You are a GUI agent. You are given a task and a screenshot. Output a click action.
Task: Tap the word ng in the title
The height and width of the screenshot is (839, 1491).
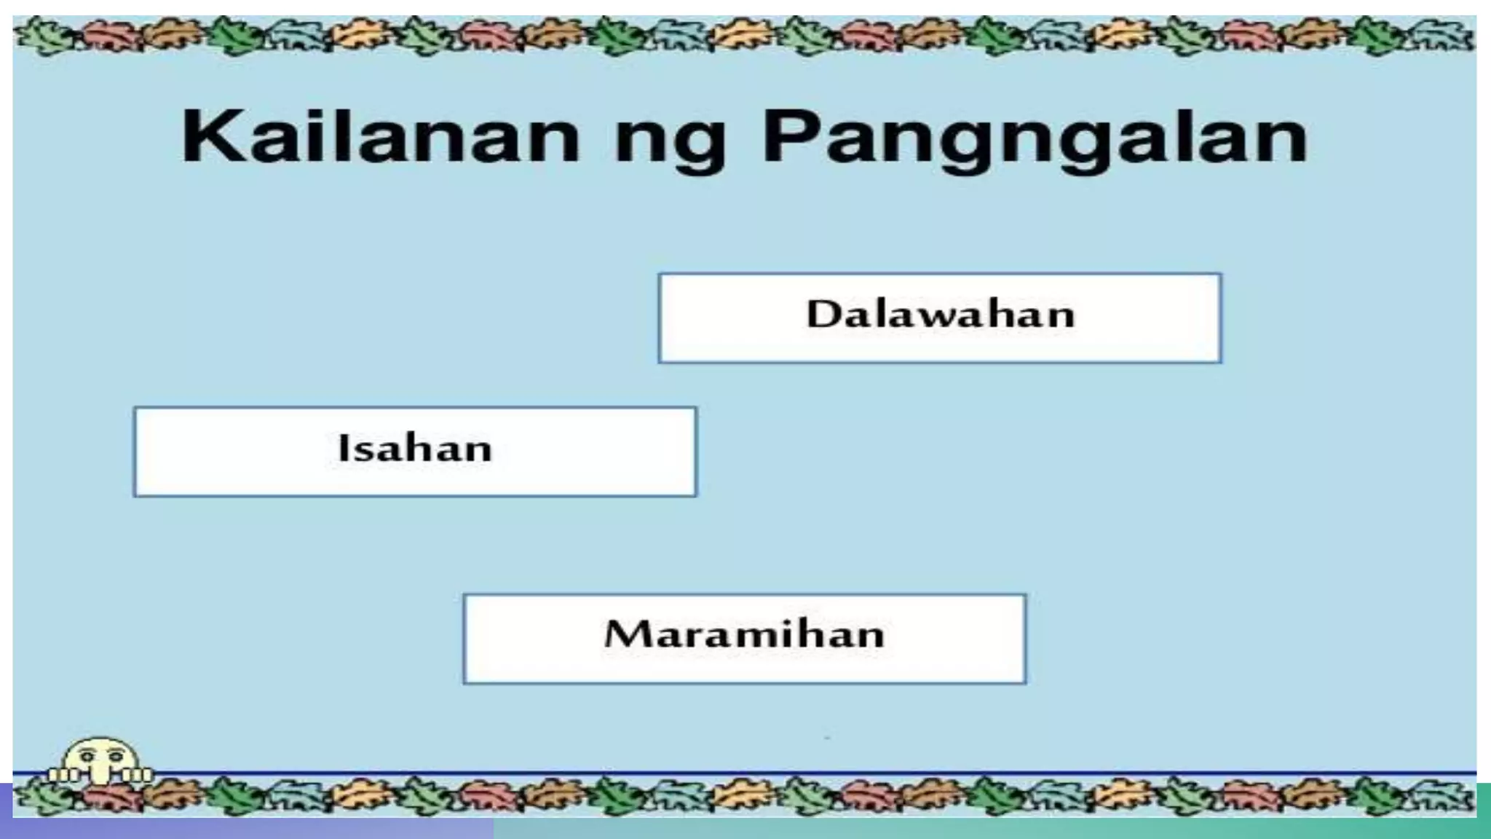pyautogui.click(x=670, y=142)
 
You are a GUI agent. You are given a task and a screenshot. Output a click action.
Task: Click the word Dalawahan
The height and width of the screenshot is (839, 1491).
pyautogui.click(x=940, y=315)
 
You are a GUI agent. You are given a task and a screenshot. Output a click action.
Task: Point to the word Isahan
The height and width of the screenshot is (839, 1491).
pyautogui.click(x=415, y=447)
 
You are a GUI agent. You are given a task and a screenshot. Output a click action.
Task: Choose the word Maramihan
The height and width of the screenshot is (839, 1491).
pyautogui.click(x=744, y=634)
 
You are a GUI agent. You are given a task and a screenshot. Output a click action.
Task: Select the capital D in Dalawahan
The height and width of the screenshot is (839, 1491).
pyautogui.click(x=823, y=315)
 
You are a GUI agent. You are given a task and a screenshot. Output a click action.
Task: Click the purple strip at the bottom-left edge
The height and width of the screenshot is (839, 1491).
pyautogui.click(x=218, y=829)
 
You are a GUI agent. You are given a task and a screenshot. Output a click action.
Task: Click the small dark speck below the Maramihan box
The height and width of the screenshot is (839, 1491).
pyautogui.click(x=827, y=738)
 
